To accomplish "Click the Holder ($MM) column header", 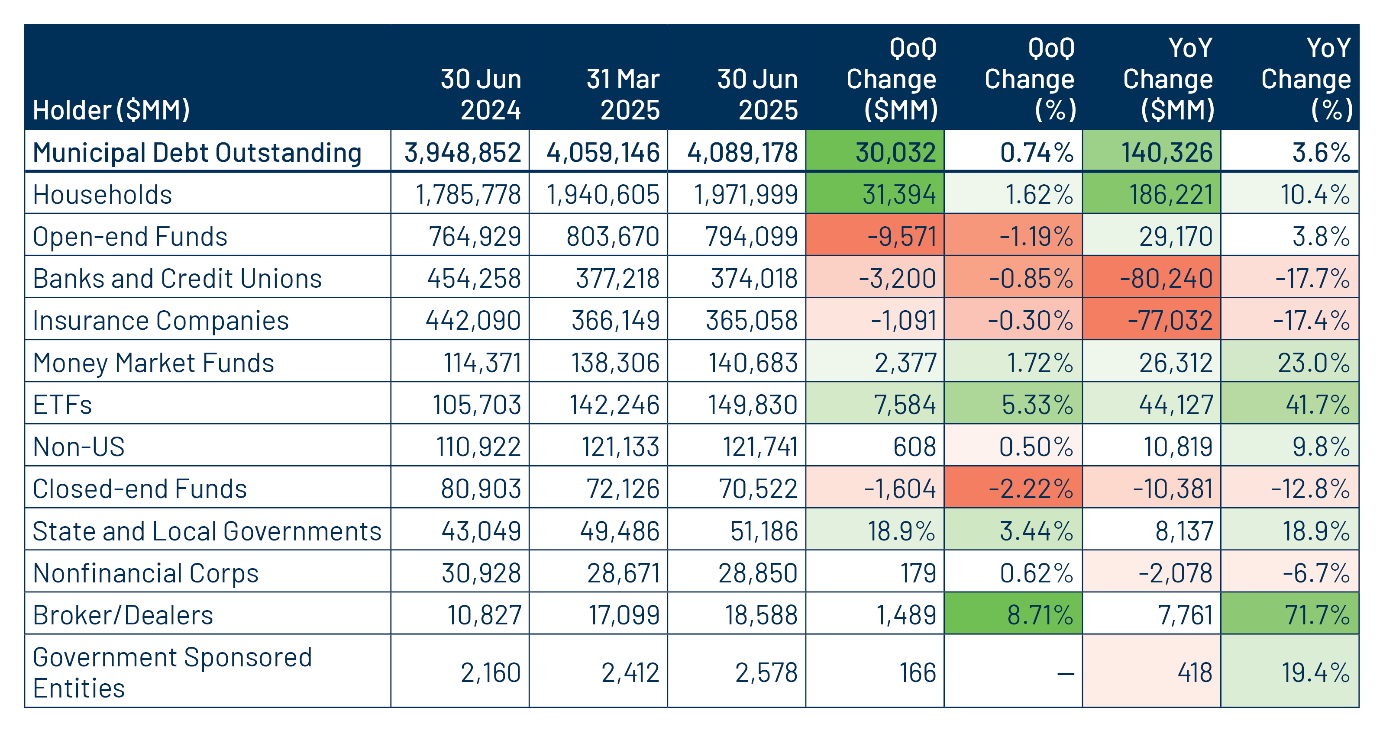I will (x=111, y=110).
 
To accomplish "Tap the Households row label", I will (x=102, y=194).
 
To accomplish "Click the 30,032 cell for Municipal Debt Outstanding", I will (x=895, y=152).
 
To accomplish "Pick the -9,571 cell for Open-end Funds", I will (x=902, y=237).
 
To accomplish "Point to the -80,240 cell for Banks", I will (x=1166, y=279).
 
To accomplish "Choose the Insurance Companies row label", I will (x=161, y=320).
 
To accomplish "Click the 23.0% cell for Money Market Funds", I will (x=1313, y=363).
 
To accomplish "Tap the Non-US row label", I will (x=78, y=447).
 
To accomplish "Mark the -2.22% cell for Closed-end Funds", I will (x=1031, y=489).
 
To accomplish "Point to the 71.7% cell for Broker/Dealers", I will (x=1317, y=615).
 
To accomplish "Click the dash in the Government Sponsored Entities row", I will (x=1065, y=673).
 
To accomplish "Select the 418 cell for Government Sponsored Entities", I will (x=1195, y=673).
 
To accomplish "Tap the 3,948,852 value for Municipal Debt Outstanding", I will (x=462, y=152).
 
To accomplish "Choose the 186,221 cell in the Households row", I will (x=1170, y=194).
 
